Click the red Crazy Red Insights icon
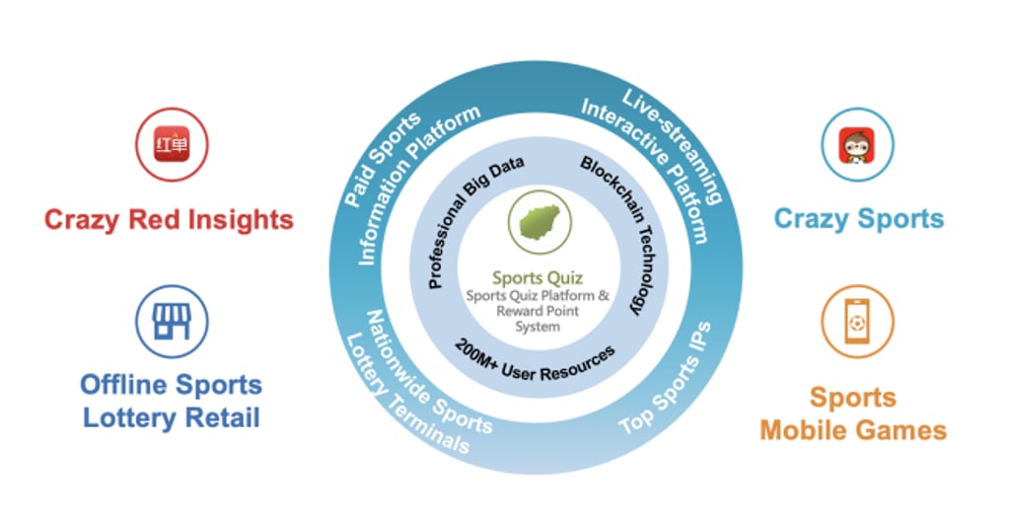point(170,145)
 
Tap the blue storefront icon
point(170,322)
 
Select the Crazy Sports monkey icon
point(858,145)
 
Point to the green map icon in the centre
point(537,219)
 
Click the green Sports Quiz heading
point(538,278)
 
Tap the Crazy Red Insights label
point(169,218)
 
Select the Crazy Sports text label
point(858,218)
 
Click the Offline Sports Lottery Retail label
point(171,401)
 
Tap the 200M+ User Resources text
point(535,361)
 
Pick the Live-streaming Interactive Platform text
point(656,158)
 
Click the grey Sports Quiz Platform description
point(538,310)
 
